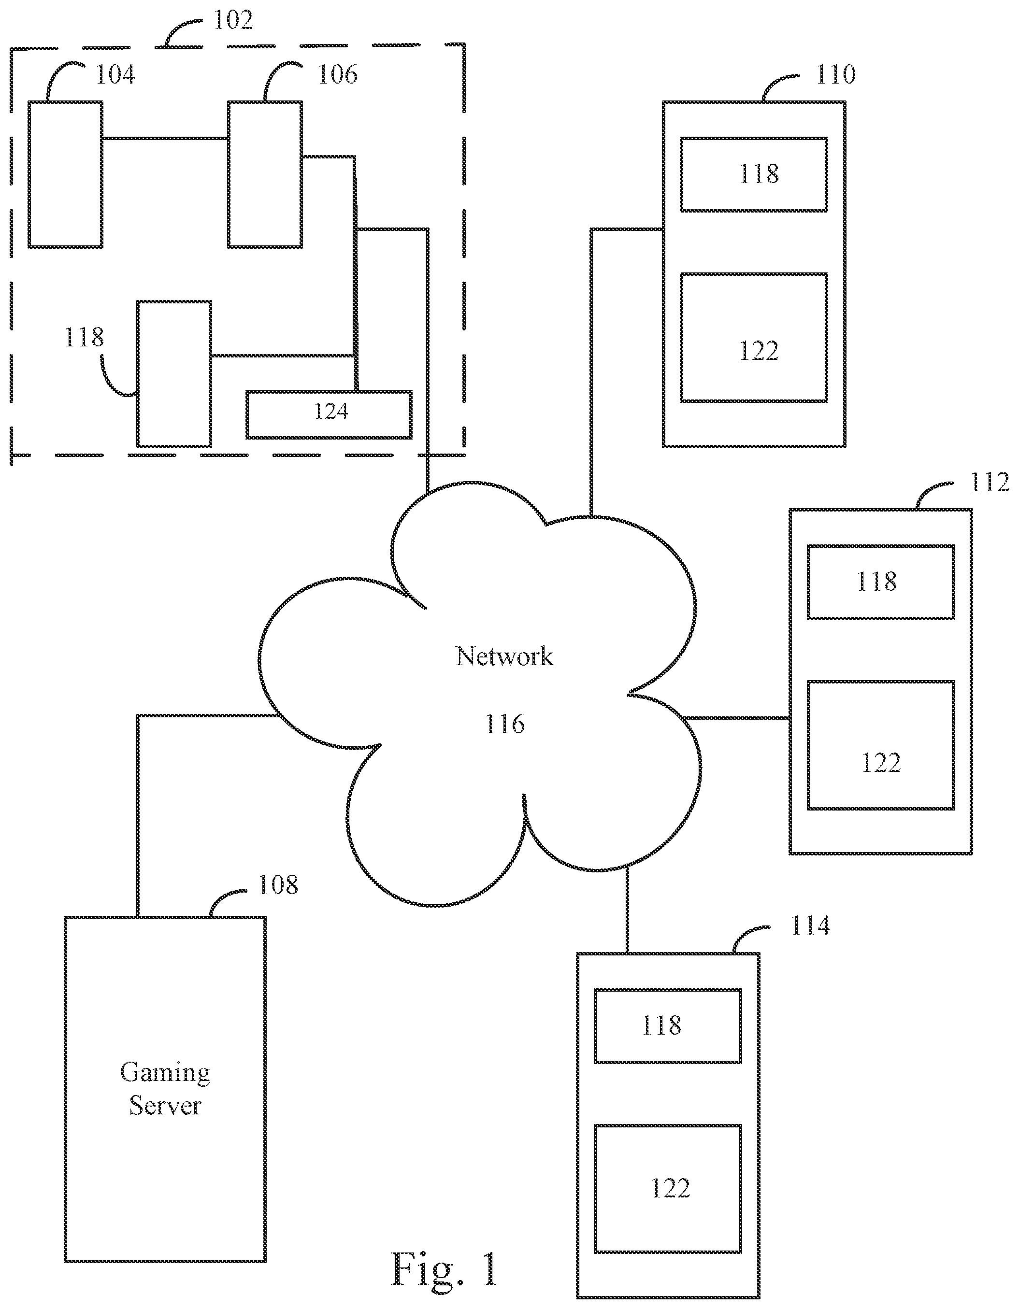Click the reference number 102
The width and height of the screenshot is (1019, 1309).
[x=233, y=20]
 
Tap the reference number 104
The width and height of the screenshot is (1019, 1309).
[x=115, y=75]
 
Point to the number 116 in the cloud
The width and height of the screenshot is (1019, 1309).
[x=505, y=724]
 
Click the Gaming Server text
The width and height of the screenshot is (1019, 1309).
[x=165, y=1088]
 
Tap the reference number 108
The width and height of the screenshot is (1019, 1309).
[x=277, y=885]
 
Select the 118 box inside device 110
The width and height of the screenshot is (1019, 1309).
[x=753, y=174]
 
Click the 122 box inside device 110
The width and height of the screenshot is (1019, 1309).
[x=753, y=338]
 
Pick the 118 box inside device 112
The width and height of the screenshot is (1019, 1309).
[x=880, y=582]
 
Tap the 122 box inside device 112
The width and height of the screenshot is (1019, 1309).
[x=880, y=745]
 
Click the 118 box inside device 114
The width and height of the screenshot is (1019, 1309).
[x=668, y=1026]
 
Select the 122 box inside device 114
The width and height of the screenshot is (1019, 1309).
[x=668, y=1189]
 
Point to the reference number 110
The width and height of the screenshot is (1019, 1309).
[x=835, y=75]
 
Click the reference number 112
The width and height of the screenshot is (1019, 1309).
[x=989, y=483]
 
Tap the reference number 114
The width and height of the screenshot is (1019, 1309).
[x=810, y=926]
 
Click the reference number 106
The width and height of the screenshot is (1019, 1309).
[x=337, y=75]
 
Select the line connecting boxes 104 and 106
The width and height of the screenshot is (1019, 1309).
[x=165, y=139]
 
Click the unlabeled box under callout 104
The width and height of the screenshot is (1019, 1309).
[x=65, y=174]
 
